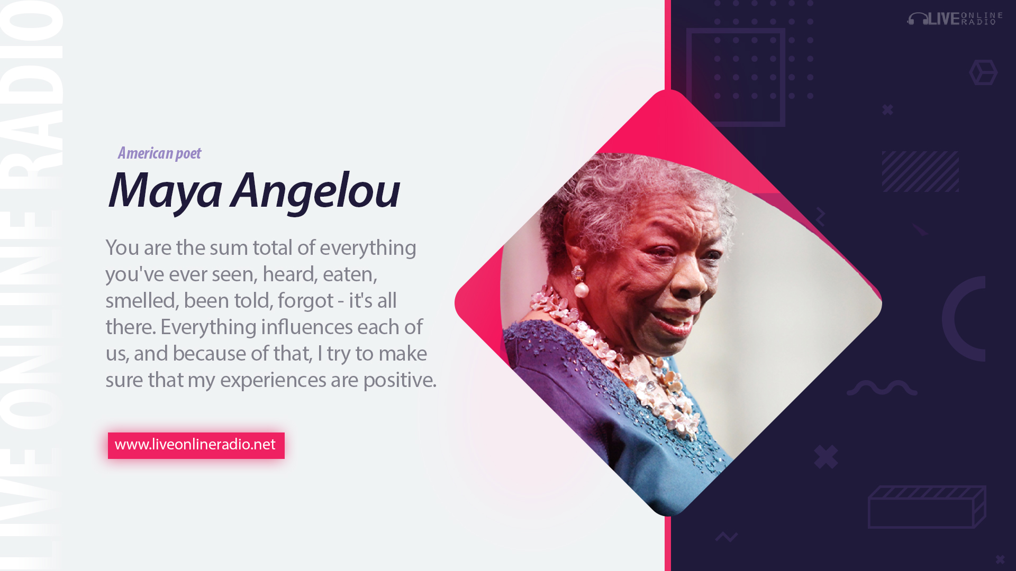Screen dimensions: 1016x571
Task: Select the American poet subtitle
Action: (159, 153)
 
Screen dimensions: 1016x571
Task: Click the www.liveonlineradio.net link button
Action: (196, 445)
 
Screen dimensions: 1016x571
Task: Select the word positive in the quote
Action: (400, 380)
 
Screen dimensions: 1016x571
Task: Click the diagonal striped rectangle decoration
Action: (920, 171)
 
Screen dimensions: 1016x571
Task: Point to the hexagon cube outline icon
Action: (983, 72)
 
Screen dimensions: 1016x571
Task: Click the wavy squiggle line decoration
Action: (882, 388)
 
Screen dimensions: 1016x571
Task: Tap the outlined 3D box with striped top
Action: (927, 506)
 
